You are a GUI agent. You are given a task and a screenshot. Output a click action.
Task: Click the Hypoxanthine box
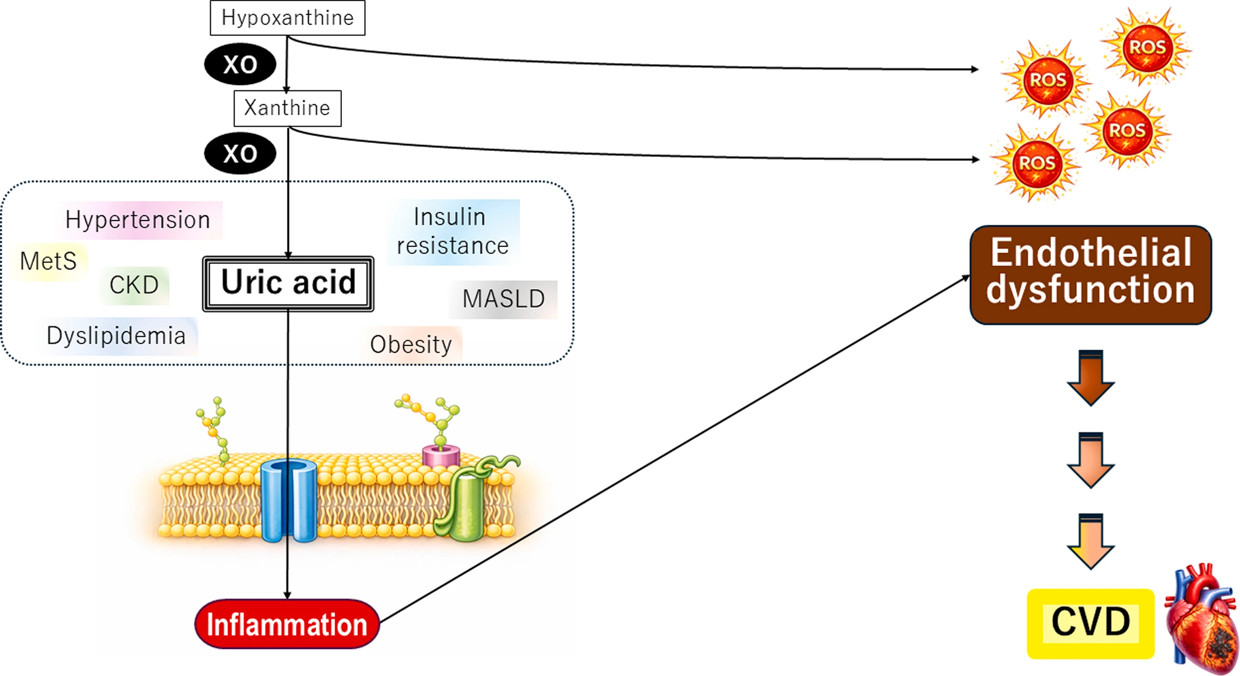[287, 18]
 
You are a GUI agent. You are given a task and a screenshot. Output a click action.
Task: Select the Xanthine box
[287, 108]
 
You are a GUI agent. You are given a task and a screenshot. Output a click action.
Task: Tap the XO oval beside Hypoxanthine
[240, 64]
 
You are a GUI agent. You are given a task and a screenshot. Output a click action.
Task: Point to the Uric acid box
[288, 284]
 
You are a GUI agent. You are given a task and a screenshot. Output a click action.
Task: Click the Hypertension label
[138, 220]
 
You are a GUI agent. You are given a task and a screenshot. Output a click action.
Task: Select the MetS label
[49, 262]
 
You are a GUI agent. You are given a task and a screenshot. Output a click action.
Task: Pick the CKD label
[134, 285]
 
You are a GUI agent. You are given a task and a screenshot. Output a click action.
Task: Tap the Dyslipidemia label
[117, 336]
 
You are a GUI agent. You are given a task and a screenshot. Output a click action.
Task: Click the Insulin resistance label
[453, 232]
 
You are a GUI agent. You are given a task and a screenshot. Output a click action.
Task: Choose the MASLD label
[504, 299]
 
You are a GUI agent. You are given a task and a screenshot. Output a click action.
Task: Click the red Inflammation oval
[287, 624]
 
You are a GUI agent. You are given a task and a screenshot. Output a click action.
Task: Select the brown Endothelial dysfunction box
[1091, 275]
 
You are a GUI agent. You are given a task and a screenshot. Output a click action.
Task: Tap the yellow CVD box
[1091, 624]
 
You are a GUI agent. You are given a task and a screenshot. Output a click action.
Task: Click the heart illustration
[1200, 619]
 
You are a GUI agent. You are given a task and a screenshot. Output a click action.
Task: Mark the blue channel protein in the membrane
[288, 501]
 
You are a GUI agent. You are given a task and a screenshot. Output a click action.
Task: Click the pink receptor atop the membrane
[441, 456]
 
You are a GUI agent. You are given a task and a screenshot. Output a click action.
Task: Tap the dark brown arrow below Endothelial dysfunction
[1091, 378]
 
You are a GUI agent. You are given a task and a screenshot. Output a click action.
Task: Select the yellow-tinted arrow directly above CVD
[1091, 542]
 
